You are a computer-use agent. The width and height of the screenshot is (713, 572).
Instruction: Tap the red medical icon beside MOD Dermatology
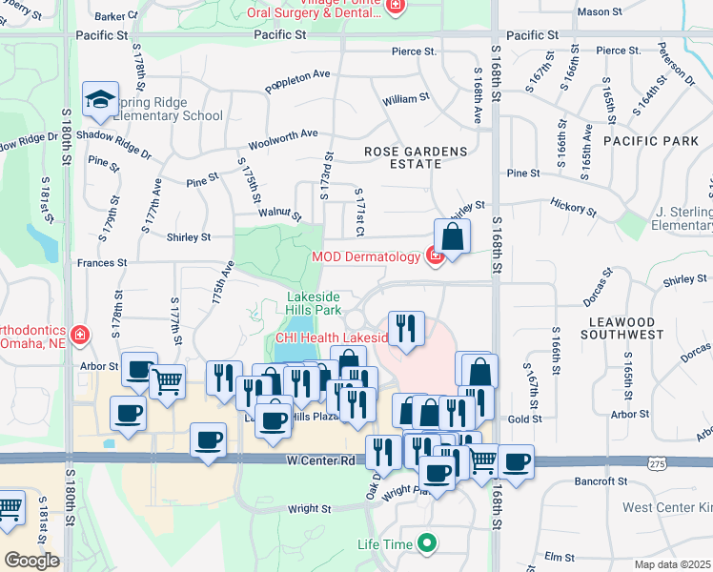(435, 257)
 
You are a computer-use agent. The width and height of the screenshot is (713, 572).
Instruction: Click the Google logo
(31, 560)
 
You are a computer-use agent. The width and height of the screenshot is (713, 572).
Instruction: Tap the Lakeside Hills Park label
(314, 304)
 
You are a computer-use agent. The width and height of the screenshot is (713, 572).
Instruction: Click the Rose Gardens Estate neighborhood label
(417, 157)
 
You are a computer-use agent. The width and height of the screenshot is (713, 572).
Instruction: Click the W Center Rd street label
(320, 460)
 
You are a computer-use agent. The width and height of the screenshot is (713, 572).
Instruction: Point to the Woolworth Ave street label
(283, 140)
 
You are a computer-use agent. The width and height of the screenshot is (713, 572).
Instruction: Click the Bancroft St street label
(599, 481)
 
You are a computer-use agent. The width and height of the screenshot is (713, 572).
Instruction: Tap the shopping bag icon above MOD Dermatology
(452, 235)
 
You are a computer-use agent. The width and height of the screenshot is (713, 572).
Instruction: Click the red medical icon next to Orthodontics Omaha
(80, 335)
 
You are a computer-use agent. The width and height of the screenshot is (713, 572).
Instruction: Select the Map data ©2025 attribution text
(673, 564)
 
